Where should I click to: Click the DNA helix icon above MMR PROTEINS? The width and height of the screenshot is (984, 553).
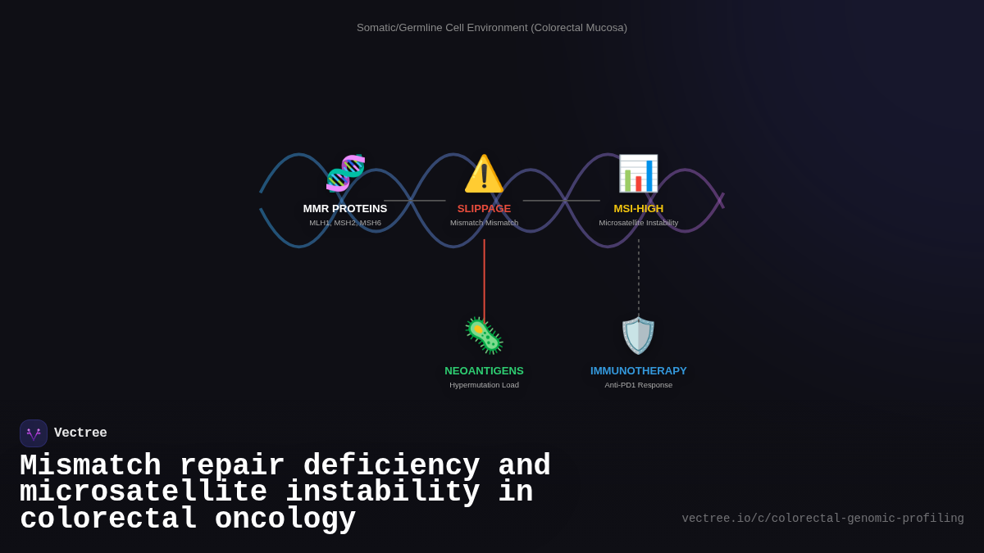click(x=345, y=173)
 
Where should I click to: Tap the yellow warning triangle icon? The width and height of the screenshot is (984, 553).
click(x=484, y=174)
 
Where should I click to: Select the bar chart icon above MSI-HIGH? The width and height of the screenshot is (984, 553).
click(x=638, y=174)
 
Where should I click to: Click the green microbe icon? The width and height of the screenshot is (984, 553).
click(x=484, y=335)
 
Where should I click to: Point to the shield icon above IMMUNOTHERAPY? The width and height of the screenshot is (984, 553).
click(x=638, y=336)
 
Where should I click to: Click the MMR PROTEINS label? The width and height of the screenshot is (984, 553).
click(x=345, y=209)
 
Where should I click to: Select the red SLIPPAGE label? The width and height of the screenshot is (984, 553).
click(x=484, y=209)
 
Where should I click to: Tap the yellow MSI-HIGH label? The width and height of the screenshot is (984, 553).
click(x=639, y=209)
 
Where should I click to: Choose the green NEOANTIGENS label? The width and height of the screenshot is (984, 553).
click(x=484, y=371)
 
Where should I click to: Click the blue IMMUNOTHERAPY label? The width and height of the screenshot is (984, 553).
click(x=639, y=371)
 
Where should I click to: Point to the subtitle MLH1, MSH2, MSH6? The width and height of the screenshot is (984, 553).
click(x=345, y=223)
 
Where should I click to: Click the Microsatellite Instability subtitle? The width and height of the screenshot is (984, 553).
click(x=639, y=223)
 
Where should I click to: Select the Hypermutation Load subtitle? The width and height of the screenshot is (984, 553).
click(x=484, y=385)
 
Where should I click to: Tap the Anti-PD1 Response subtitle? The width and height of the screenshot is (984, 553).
click(x=639, y=385)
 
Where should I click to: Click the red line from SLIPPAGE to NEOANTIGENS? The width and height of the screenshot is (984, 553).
click(x=485, y=279)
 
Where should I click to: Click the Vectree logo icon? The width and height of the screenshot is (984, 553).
click(x=34, y=433)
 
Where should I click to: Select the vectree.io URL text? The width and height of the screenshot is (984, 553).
click(x=822, y=519)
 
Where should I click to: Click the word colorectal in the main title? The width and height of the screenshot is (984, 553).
click(x=108, y=519)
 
